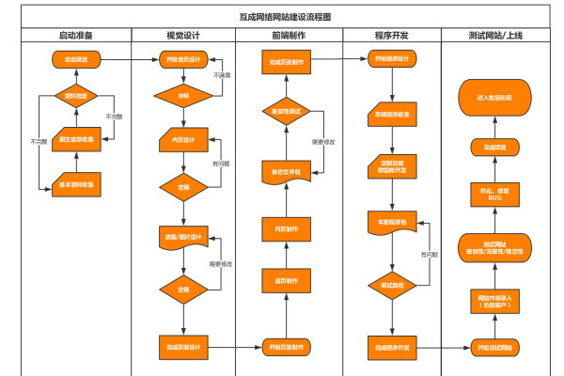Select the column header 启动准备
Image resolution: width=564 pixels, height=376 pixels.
[76, 35]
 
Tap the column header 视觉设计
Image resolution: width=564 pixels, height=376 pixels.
[183, 35]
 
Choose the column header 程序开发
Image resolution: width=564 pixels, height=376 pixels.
[391, 35]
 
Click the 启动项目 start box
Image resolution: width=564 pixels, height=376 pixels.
[76, 59]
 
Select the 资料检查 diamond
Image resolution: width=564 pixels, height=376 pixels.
[76, 96]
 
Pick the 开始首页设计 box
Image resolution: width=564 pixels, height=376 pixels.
[183, 59]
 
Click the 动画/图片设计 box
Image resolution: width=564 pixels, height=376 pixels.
[183, 237]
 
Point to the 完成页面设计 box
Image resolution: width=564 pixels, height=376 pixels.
[183, 347]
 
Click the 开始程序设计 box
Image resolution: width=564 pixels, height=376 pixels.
[391, 59]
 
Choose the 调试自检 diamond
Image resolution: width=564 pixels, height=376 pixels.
[391, 284]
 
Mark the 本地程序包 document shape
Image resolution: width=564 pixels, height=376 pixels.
[391, 223]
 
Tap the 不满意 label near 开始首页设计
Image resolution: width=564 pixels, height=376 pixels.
[222, 75]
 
